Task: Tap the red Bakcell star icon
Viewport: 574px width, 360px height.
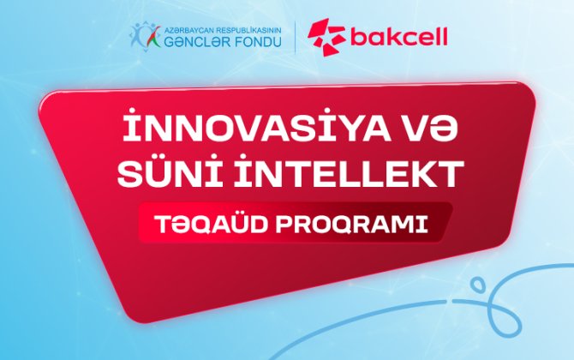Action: [x=326, y=35]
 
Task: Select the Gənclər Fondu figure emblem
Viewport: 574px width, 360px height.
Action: [x=144, y=34]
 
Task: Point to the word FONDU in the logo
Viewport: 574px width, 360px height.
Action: [x=257, y=40]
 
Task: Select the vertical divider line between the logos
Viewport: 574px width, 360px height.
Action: [x=296, y=35]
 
